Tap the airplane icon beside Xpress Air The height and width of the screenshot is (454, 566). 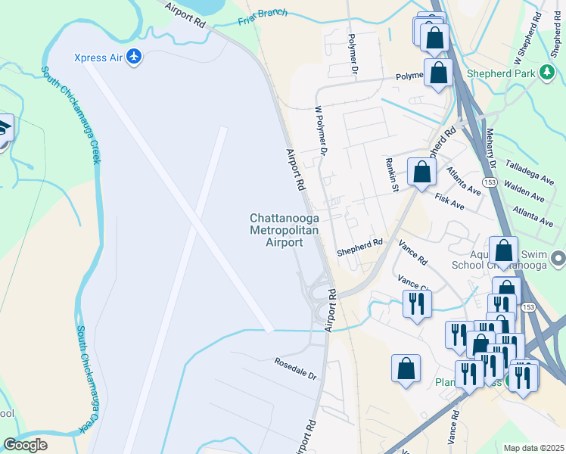[134, 57]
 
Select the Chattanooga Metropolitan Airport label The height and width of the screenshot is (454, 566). [284, 230]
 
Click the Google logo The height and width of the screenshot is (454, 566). [25, 445]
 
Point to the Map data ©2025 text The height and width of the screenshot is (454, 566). [534, 448]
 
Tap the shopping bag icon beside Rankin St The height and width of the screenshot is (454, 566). [421, 172]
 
